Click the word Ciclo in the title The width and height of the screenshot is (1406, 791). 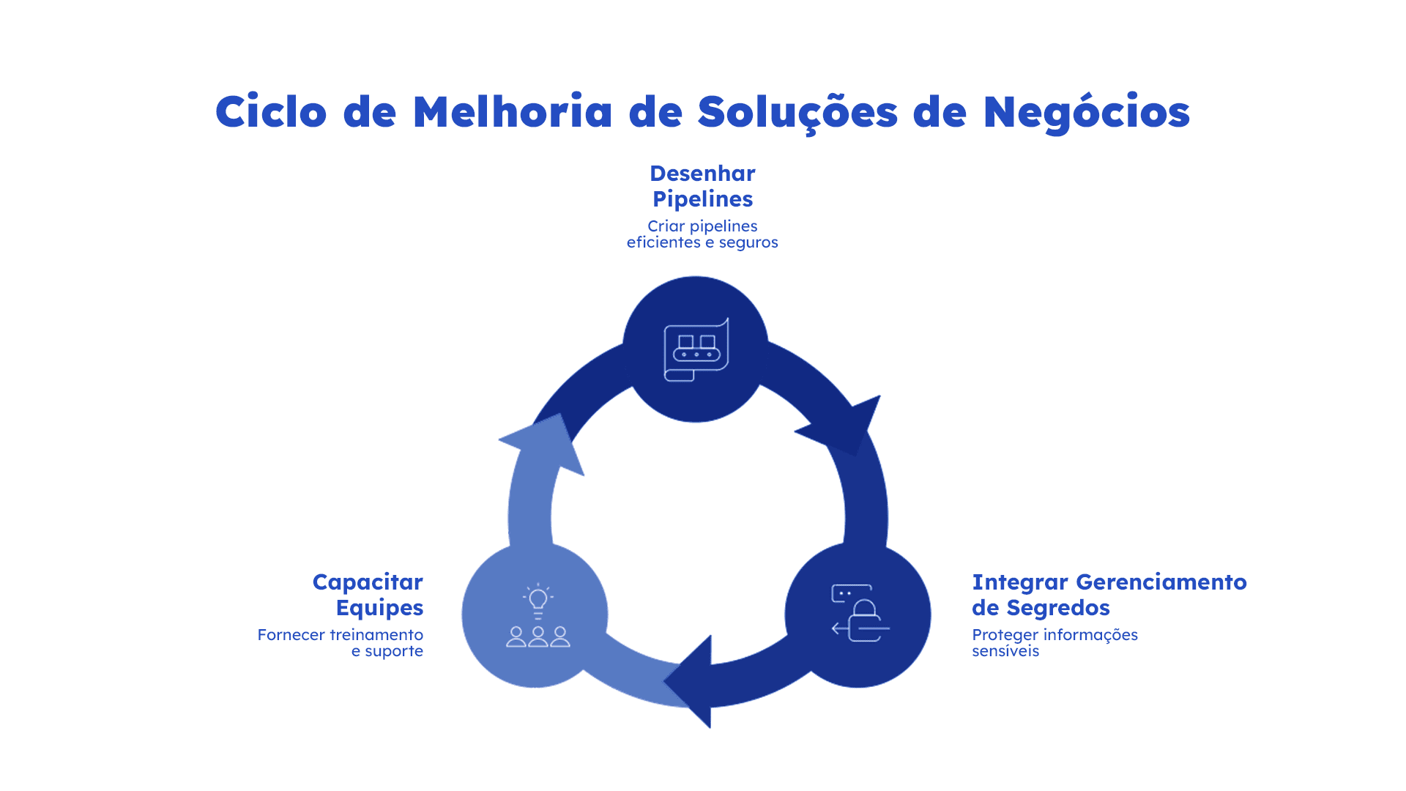270,113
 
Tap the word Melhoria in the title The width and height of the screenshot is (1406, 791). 512,113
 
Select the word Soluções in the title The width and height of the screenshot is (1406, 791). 797,113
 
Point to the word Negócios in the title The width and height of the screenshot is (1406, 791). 1086,113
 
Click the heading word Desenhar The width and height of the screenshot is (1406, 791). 702,174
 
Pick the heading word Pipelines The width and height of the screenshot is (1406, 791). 702,199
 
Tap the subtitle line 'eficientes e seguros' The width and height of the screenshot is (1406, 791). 702,242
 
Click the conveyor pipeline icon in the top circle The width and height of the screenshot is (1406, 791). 696,350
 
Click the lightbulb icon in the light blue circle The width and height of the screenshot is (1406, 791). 538,601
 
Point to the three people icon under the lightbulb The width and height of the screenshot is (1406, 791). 538,636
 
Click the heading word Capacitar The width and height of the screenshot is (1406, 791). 368,582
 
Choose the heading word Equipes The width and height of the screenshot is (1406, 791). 379,608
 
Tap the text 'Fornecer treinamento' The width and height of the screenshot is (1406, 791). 340,635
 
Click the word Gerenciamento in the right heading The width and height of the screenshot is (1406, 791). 1161,582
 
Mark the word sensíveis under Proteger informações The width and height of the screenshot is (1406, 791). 1005,651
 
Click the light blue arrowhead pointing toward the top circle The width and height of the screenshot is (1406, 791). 546,444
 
